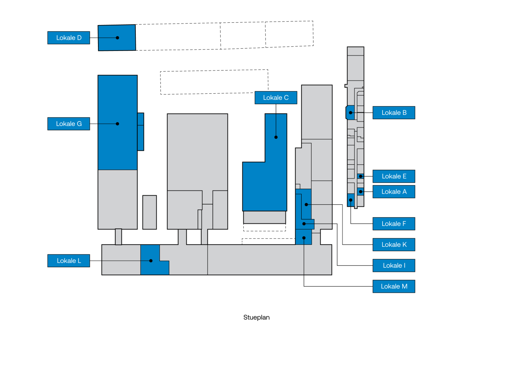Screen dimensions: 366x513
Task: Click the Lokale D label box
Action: pos(69,38)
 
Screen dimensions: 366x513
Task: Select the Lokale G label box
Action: pos(69,124)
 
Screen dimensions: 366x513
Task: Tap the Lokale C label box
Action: pos(276,98)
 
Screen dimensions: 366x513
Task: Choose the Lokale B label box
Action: pos(394,113)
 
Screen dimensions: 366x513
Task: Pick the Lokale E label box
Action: pos(394,176)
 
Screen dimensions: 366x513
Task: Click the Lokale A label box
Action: pos(394,192)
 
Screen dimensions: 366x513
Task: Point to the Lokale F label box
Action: pos(394,224)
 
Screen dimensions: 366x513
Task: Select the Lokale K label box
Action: pos(394,245)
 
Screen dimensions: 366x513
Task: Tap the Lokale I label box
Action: pos(394,265)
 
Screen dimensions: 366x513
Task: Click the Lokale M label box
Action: pos(394,286)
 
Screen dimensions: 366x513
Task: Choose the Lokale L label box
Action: pos(69,261)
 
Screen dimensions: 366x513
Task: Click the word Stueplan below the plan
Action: pos(256,317)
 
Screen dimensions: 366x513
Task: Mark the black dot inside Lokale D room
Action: pos(118,38)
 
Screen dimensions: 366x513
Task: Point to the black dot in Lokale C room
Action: pos(276,137)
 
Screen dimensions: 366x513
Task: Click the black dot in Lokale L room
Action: pos(151,261)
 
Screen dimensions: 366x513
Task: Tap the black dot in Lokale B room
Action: pos(351,113)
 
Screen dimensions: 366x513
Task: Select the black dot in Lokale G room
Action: pos(118,124)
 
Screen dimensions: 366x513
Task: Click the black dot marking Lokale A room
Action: pos(361,192)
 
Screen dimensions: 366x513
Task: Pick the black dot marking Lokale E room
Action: pos(361,176)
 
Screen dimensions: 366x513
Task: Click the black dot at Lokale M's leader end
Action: pos(304,238)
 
